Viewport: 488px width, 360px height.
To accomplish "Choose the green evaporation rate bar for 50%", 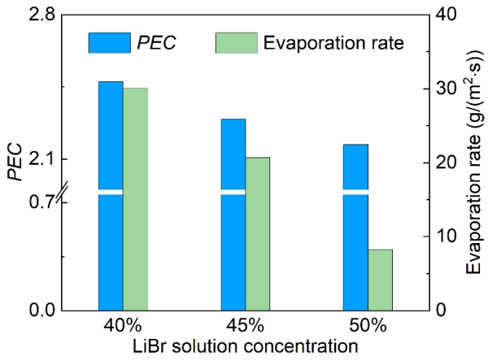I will (x=380, y=280).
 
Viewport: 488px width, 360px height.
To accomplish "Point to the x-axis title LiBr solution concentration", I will (x=245, y=345).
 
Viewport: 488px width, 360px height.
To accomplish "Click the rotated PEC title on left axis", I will (x=15, y=162).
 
